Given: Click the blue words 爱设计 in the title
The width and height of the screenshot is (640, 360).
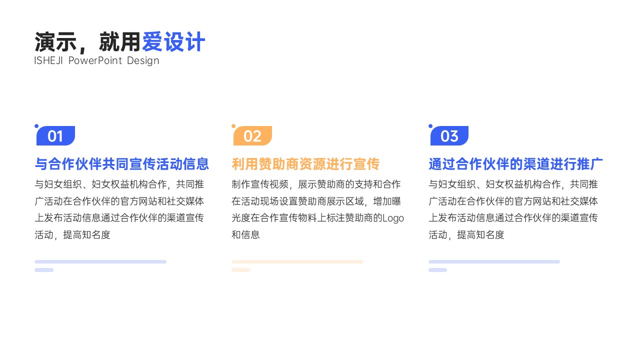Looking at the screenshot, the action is (173, 42).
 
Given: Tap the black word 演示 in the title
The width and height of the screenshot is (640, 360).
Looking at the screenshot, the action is (55, 42).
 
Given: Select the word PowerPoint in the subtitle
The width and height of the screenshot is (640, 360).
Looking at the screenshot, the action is (95, 60).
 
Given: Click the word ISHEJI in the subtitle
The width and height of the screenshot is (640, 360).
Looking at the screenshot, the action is (48, 60).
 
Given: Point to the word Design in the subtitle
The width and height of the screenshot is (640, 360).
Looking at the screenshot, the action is (143, 61).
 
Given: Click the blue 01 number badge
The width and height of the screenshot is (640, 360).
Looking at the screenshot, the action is (55, 135).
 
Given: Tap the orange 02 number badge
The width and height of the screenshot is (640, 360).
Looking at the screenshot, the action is (252, 135).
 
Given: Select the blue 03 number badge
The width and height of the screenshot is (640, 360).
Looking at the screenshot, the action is (449, 135).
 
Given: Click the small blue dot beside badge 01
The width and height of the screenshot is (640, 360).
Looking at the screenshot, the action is (36, 126).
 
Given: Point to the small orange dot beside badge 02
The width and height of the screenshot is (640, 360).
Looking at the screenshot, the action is (233, 126).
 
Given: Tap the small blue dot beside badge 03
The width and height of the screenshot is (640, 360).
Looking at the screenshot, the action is (430, 126).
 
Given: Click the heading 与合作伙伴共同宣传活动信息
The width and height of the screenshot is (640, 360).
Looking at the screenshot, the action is (121, 164).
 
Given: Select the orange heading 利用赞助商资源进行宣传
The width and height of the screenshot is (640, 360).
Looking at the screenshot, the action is (305, 164).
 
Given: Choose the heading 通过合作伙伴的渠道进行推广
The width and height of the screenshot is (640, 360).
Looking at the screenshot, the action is (515, 164).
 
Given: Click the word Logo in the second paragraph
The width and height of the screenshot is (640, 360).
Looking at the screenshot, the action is (393, 218).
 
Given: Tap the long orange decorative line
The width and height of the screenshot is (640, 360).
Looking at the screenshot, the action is (297, 261).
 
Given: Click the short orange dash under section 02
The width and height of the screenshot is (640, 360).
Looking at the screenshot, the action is (240, 270).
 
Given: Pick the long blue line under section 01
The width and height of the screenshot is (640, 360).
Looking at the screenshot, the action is (100, 261).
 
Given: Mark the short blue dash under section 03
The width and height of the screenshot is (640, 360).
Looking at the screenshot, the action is (437, 270).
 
